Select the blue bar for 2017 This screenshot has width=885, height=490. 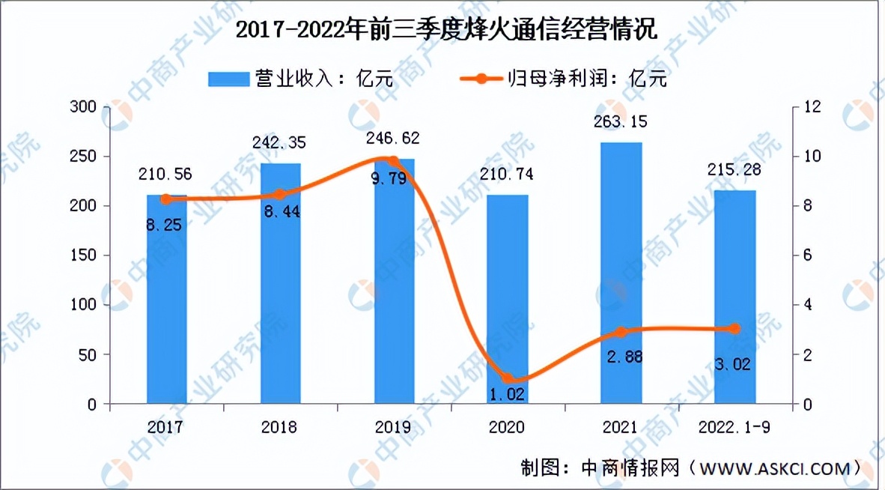pos(166,300)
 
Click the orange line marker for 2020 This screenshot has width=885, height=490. pos(508,378)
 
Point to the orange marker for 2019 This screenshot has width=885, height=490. pos(393,161)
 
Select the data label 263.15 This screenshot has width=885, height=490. pos(621,122)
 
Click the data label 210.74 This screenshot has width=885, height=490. pos(507,175)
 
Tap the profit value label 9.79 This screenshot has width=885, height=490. pos(393,180)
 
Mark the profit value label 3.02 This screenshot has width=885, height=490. pos(735,366)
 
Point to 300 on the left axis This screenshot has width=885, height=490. pos(83,107)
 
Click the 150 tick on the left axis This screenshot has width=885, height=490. pos(83,255)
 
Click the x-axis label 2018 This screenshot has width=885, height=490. pos(280,427)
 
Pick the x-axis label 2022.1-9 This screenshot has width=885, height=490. pos(735,427)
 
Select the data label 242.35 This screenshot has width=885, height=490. pos(280,142)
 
